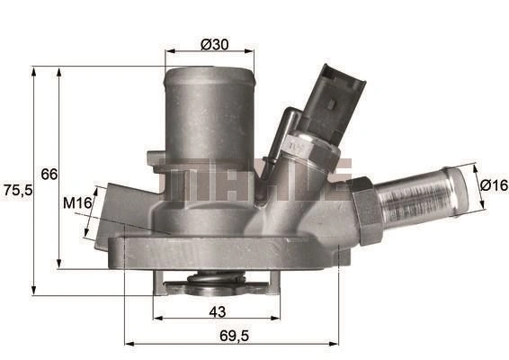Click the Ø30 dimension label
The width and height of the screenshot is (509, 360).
tap(215, 44)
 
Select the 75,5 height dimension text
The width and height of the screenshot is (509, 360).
tap(18, 190)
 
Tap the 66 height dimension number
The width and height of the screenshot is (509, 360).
tap(49, 175)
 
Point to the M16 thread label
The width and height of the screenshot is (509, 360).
tap(77, 203)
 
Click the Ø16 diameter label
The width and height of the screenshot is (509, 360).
tap(494, 185)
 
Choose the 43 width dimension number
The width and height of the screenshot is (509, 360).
tap(217, 312)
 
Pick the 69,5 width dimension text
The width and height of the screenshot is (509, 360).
tap(235, 336)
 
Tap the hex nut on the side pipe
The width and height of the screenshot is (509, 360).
tap(366, 211)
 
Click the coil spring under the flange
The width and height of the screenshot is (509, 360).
tap(217, 278)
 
